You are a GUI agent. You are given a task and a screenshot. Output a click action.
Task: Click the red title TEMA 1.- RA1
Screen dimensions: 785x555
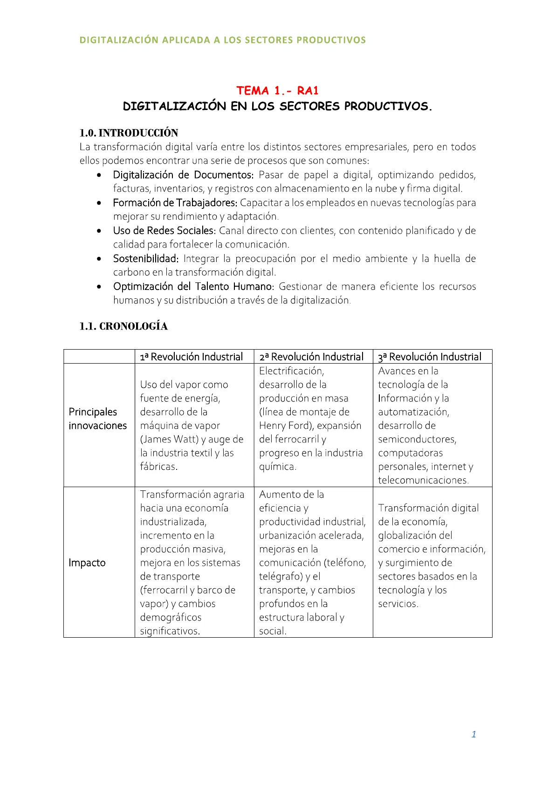coord(277,90)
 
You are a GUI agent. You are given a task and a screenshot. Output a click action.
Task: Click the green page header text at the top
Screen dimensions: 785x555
coord(223,40)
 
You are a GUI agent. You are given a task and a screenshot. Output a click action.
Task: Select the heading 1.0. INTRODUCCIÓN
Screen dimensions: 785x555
coord(129,133)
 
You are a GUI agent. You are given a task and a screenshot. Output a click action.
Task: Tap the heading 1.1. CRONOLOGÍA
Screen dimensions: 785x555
coord(123,326)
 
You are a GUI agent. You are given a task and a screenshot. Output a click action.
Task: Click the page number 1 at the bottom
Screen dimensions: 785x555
coord(473,734)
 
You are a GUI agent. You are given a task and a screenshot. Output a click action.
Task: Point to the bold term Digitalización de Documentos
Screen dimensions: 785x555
coord(183,175)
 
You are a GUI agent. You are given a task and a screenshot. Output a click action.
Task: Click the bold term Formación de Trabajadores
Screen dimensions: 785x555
coord(175,203)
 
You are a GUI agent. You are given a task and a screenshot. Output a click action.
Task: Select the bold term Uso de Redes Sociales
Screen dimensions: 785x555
coord(164,231)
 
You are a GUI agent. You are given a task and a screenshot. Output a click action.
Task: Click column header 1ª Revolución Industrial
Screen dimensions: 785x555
coord(192,357)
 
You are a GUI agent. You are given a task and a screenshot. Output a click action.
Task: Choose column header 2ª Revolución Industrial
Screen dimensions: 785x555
coord(311,357)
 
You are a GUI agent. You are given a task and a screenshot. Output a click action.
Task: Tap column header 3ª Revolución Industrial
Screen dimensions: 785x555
coord(430,357)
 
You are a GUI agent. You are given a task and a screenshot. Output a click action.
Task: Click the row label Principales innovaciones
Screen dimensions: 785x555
coord(97,419)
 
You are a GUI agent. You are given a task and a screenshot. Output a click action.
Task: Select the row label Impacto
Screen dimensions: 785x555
coord(87,563)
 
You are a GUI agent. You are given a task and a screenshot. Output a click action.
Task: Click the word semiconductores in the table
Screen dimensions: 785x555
coord(417,439)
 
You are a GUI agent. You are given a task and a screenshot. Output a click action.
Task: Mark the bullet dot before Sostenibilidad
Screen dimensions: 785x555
coord(99,259)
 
